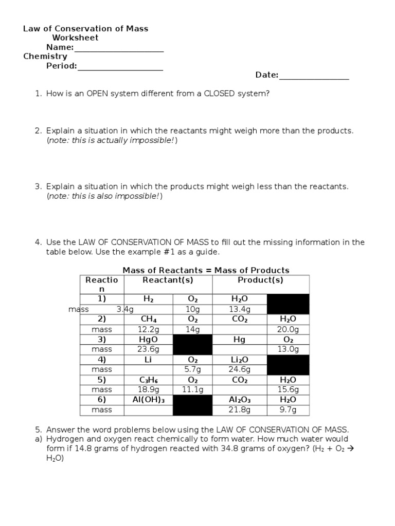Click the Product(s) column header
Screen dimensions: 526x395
click(x=260, y=280)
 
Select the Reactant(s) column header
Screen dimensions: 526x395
click(x=168, y=280)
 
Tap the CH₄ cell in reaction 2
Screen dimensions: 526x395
click(x=148, y=320)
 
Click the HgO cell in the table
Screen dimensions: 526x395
click(x=148, y=340)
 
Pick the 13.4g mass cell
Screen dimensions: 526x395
click(x=239, y=309)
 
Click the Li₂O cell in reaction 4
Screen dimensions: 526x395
click(x=239, y=360)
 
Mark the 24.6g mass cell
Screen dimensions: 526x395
click(x=239, y=369)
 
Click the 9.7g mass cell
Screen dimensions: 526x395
click(x=288, y=410)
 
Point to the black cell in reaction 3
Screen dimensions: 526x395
click(x=192, y=344)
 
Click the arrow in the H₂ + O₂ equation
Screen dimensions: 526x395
click(x=344, y=449)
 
